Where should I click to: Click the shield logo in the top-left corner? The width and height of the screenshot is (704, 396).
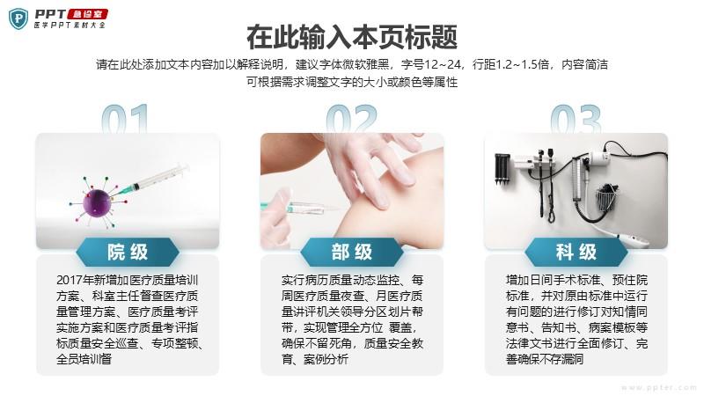18,18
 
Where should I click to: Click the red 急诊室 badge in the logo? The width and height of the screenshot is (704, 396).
87,14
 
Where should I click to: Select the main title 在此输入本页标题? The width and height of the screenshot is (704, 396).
352,37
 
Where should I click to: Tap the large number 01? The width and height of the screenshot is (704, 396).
125,119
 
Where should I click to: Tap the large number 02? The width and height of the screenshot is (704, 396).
351,119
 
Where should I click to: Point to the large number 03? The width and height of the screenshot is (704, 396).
576,119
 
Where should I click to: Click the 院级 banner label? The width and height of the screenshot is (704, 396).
128,252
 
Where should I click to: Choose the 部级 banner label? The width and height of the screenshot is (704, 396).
351,252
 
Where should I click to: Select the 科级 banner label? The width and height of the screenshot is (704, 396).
576,252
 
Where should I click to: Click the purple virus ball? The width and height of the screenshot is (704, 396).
97,203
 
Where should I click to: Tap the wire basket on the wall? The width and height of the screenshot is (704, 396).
606,199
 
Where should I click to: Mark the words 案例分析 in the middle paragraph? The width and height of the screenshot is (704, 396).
326,359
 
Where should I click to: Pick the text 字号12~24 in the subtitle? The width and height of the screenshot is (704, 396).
431,64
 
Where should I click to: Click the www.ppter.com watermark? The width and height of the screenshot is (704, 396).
659,387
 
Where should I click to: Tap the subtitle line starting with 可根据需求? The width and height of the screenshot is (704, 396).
352,82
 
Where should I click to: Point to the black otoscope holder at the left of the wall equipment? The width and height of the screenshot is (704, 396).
502,169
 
